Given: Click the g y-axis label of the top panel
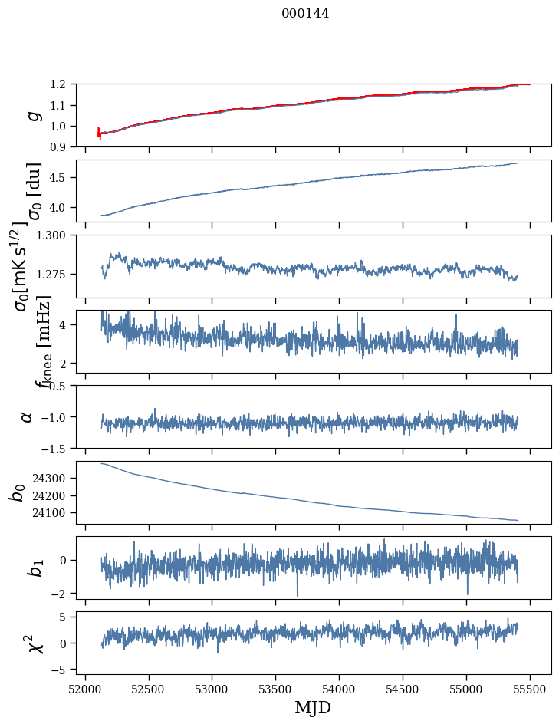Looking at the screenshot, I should point(32,115).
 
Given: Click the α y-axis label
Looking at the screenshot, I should point(28,416).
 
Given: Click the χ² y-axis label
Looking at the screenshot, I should point(35,643).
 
